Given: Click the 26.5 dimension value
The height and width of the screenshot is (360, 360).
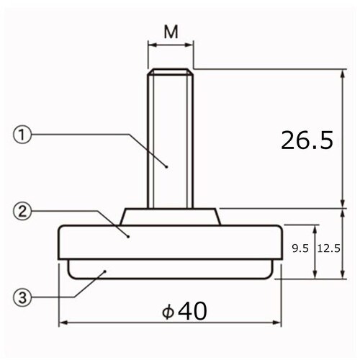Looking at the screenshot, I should pos(307,140).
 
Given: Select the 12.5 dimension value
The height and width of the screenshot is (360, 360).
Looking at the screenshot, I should pos(328,248).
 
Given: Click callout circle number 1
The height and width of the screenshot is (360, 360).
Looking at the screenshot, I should pos(22,134).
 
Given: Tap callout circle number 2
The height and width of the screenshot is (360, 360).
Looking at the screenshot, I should pos(22,211).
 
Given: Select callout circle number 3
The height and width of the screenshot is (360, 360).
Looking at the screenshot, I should pos(22,297).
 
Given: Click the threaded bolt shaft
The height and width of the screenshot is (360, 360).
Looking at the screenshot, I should pos(171,137).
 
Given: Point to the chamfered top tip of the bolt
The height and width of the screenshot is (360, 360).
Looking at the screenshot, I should pos(171,71).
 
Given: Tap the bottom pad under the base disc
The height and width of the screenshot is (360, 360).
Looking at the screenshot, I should pos(171,270).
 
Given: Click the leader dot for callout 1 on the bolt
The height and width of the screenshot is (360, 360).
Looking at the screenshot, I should pos(167,167).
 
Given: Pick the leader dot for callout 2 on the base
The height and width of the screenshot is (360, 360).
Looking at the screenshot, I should pos(128,235).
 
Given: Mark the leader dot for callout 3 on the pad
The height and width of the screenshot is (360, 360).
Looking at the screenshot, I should pos(106,271).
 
